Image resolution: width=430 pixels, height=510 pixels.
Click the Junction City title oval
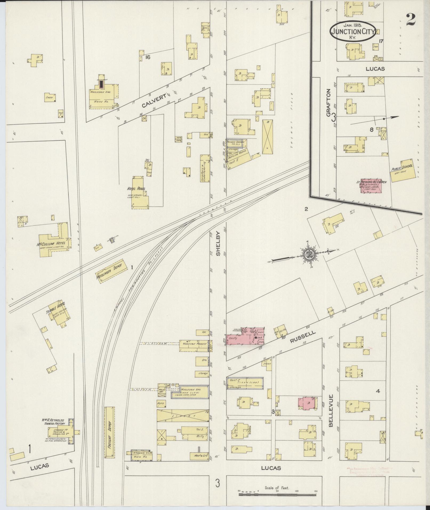[353, 31]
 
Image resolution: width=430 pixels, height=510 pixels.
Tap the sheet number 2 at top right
[411, 19]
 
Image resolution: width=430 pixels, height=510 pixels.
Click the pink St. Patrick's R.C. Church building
[371, 186]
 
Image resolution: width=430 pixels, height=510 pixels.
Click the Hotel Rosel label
[136, 188]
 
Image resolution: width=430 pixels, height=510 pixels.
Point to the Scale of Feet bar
[277, 495]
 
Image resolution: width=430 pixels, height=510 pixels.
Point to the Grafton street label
[328, 103]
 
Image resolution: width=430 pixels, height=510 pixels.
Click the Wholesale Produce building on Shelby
[194, 344]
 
